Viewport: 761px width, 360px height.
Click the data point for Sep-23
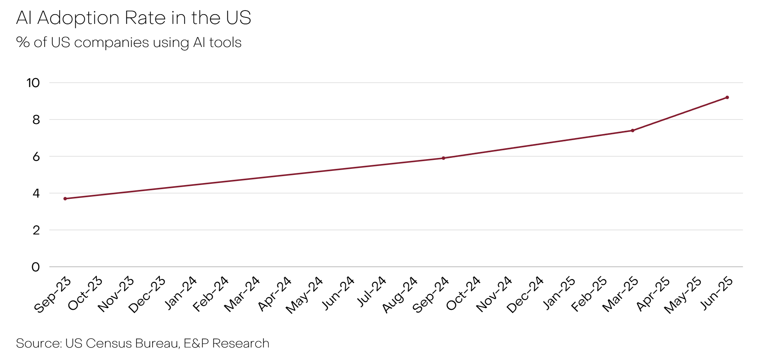65,198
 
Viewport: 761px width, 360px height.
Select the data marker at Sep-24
444,158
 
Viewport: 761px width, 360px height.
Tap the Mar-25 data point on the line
633,130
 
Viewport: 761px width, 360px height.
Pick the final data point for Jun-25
727,97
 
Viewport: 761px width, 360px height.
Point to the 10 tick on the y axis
33,83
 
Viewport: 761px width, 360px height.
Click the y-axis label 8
36,120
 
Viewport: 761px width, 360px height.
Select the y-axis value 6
36,157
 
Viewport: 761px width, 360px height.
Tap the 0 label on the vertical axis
36,267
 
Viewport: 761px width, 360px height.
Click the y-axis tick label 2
36,230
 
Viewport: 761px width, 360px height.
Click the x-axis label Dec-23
147,294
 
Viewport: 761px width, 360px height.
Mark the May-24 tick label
304,294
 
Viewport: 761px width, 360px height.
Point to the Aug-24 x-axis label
400,294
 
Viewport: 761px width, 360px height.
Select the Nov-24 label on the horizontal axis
494,294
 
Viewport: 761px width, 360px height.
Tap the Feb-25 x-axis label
589,294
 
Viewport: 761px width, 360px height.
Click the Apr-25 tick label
653,294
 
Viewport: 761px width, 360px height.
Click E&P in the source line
196,343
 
